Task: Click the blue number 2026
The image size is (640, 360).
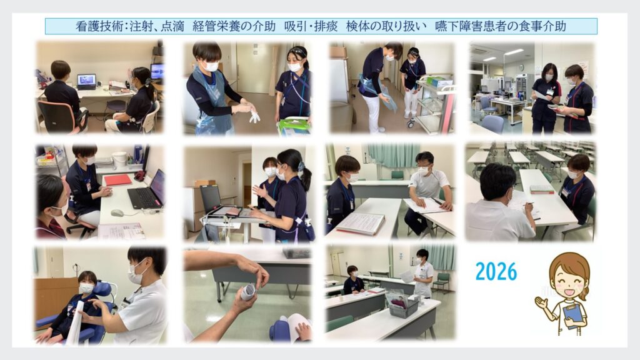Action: tap(496, 271)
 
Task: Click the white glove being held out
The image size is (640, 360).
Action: tap(254, 116)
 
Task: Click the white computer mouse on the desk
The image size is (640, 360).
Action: tap(117, 212)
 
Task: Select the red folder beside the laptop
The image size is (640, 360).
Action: tap(118, 179)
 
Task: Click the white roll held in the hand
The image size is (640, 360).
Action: tap(247, 291)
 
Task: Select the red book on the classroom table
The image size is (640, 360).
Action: tap(542, 189)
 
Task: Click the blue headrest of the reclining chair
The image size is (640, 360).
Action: tap(102, 289)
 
